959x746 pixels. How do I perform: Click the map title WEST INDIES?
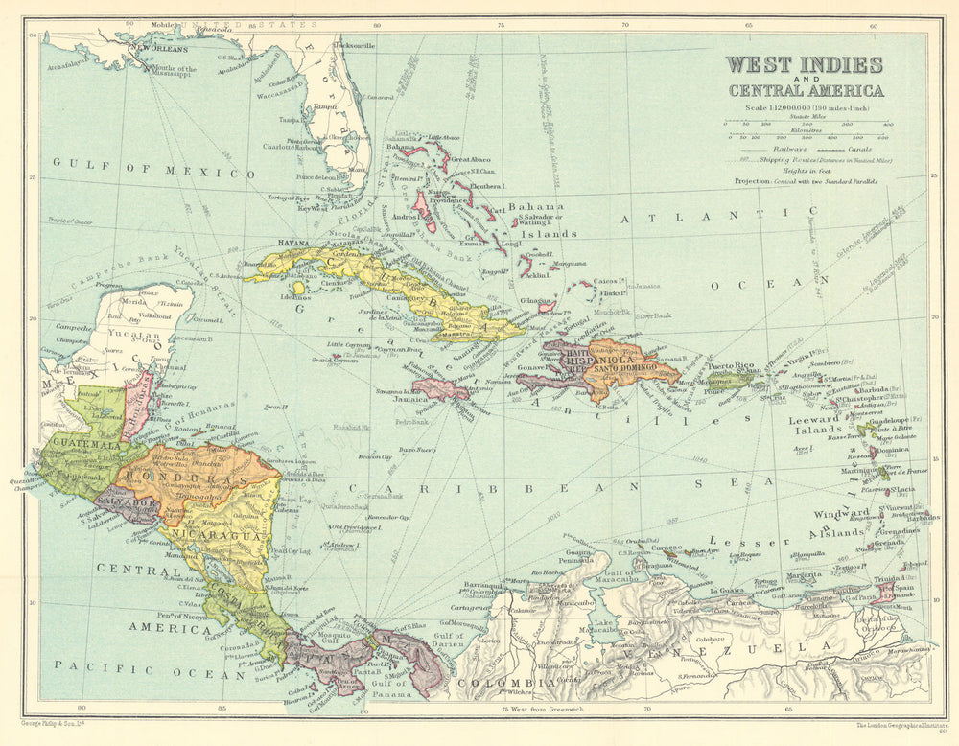(x=804, y=65)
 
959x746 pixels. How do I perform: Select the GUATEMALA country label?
(x=85, y=443)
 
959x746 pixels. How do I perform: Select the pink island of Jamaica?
(x=439, y=388)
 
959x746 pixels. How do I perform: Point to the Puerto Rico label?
(x=735, y=365)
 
